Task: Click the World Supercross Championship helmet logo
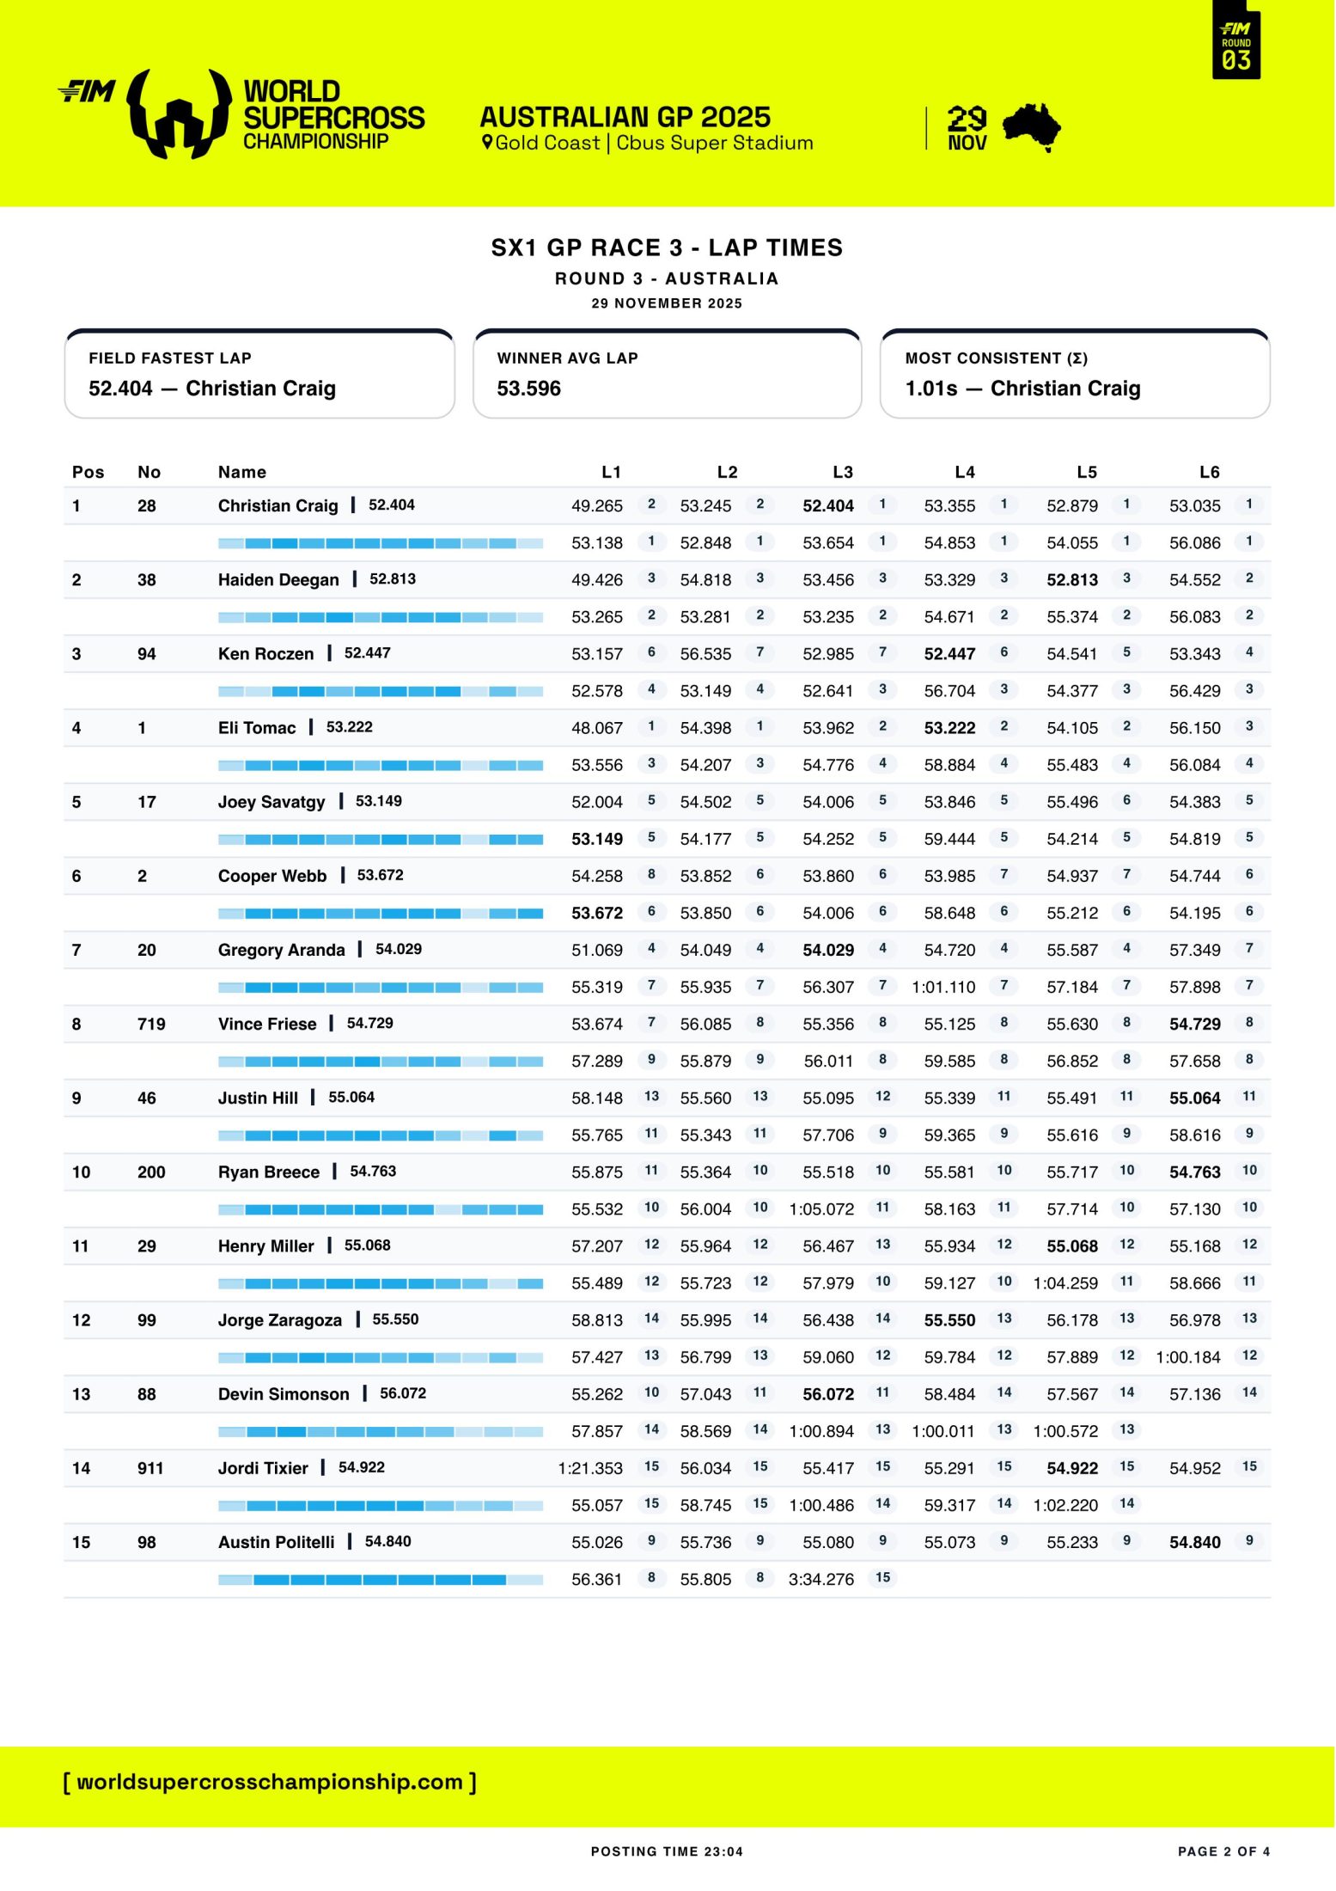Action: point(180,114)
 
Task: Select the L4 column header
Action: point(964,472)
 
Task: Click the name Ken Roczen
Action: point(265,654)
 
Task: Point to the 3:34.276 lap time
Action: point(821,1579)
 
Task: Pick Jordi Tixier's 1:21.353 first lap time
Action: point(590,1468)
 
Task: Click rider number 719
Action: point(151,1024)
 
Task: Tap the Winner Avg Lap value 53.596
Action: point(528,389)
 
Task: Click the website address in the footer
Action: point(270,1782)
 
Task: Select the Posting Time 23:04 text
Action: point(667,1851)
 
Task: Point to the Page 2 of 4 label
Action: point(1223,1851)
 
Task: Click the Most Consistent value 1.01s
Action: point(930,389)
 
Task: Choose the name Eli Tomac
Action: point(256,728)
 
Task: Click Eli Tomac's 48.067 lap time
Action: point(596,728)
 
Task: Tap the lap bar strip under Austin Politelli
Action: point(380,1580)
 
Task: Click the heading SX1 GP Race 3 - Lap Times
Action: point(667,248)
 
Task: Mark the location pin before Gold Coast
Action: point(487,143)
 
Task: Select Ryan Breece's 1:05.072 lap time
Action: point(821,1209)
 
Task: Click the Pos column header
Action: point(88,472)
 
